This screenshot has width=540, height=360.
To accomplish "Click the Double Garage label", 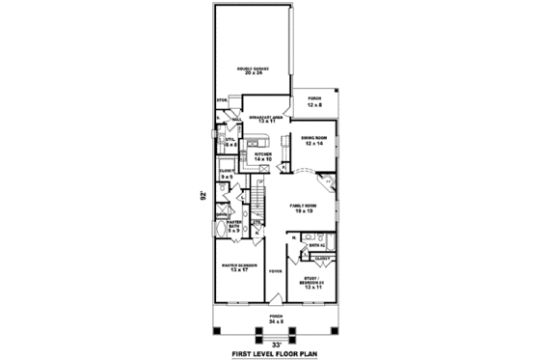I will coord(254,68).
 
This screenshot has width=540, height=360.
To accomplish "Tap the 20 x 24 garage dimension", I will coord(254,73).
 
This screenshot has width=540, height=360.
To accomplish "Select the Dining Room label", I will coord(313,138).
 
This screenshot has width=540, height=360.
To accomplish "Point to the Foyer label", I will coord(275,270).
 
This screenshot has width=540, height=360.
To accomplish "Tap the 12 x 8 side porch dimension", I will coord(314,103).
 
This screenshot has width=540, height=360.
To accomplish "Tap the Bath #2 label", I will coord(315,246).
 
